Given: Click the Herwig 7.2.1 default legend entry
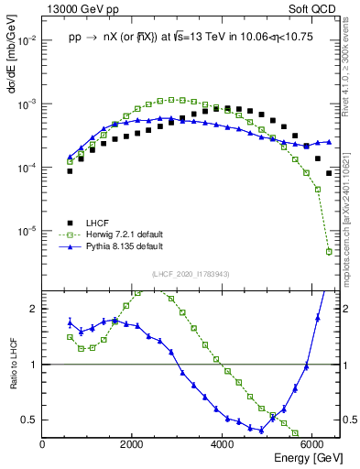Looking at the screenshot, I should point(111,234).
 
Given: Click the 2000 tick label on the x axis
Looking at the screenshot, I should point(132,444).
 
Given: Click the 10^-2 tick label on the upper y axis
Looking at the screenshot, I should point(27,41).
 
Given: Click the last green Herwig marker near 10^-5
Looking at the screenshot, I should point(329,251).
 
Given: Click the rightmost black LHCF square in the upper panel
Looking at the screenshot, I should point(329,173).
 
